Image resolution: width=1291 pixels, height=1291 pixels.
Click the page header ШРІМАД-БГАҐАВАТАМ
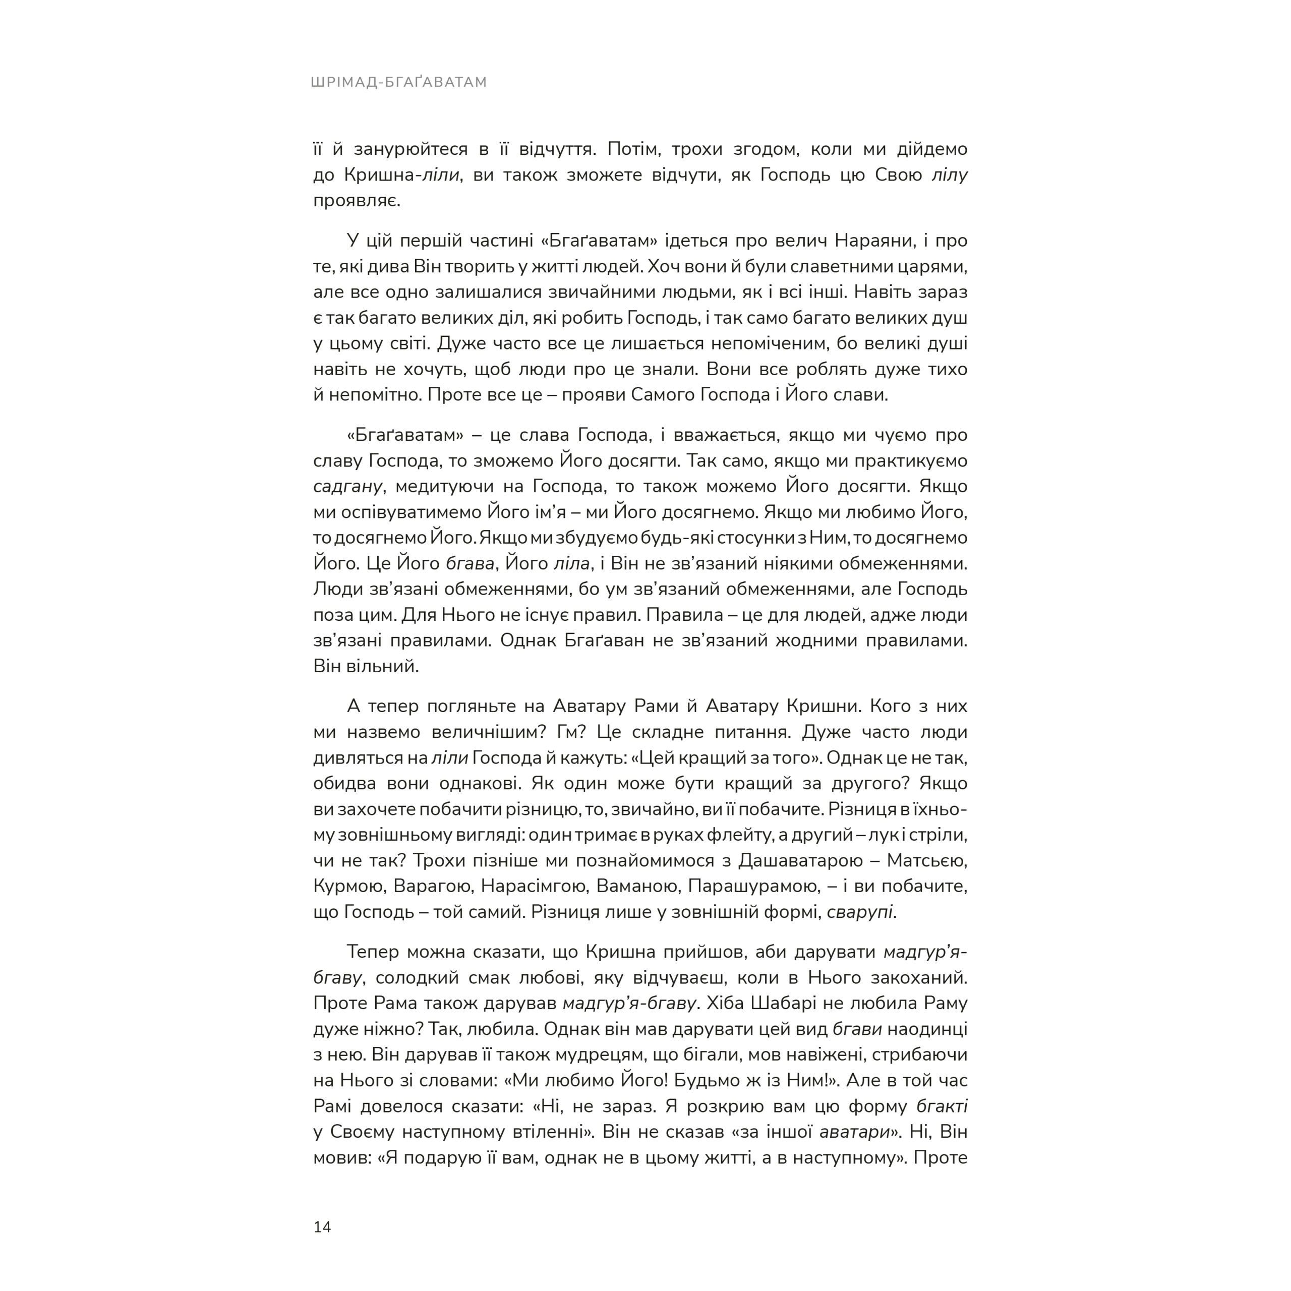(x=399, y=82)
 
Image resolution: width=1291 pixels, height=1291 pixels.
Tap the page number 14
(x=322, y=1227)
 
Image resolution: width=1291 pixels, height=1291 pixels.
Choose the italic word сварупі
(x=861, y=912)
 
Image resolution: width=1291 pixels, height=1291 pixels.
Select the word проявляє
(x=356, y=201)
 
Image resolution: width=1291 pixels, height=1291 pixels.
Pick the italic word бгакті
(x=942, y=1106)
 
